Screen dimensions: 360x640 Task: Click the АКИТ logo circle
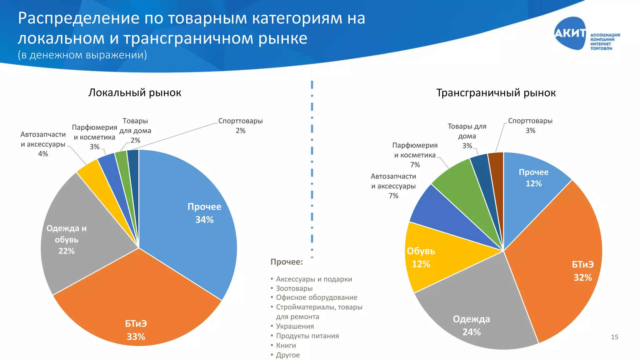pyautogui.click(x=570, y=33)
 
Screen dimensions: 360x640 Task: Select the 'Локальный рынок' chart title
pyautogui.click(x=135, y=93)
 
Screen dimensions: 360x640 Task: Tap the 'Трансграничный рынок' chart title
pyautogui.click(x=496, y=93)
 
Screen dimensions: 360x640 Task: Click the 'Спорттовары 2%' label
pyautogui.click(x=240, y=125)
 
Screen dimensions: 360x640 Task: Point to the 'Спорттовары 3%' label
pyautogui.click(x=530, y=125)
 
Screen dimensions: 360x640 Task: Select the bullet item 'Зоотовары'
pyautogui.click(x=294, y=288)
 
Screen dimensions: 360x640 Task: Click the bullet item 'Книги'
pyautogui.click(x=286, y=345)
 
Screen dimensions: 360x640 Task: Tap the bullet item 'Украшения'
pyautogui.click(x=295, y=326)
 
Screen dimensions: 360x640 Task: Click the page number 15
pyautogui.click(x=614, y=337)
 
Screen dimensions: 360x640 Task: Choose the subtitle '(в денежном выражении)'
pyautogui.click(x=82, y=55)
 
